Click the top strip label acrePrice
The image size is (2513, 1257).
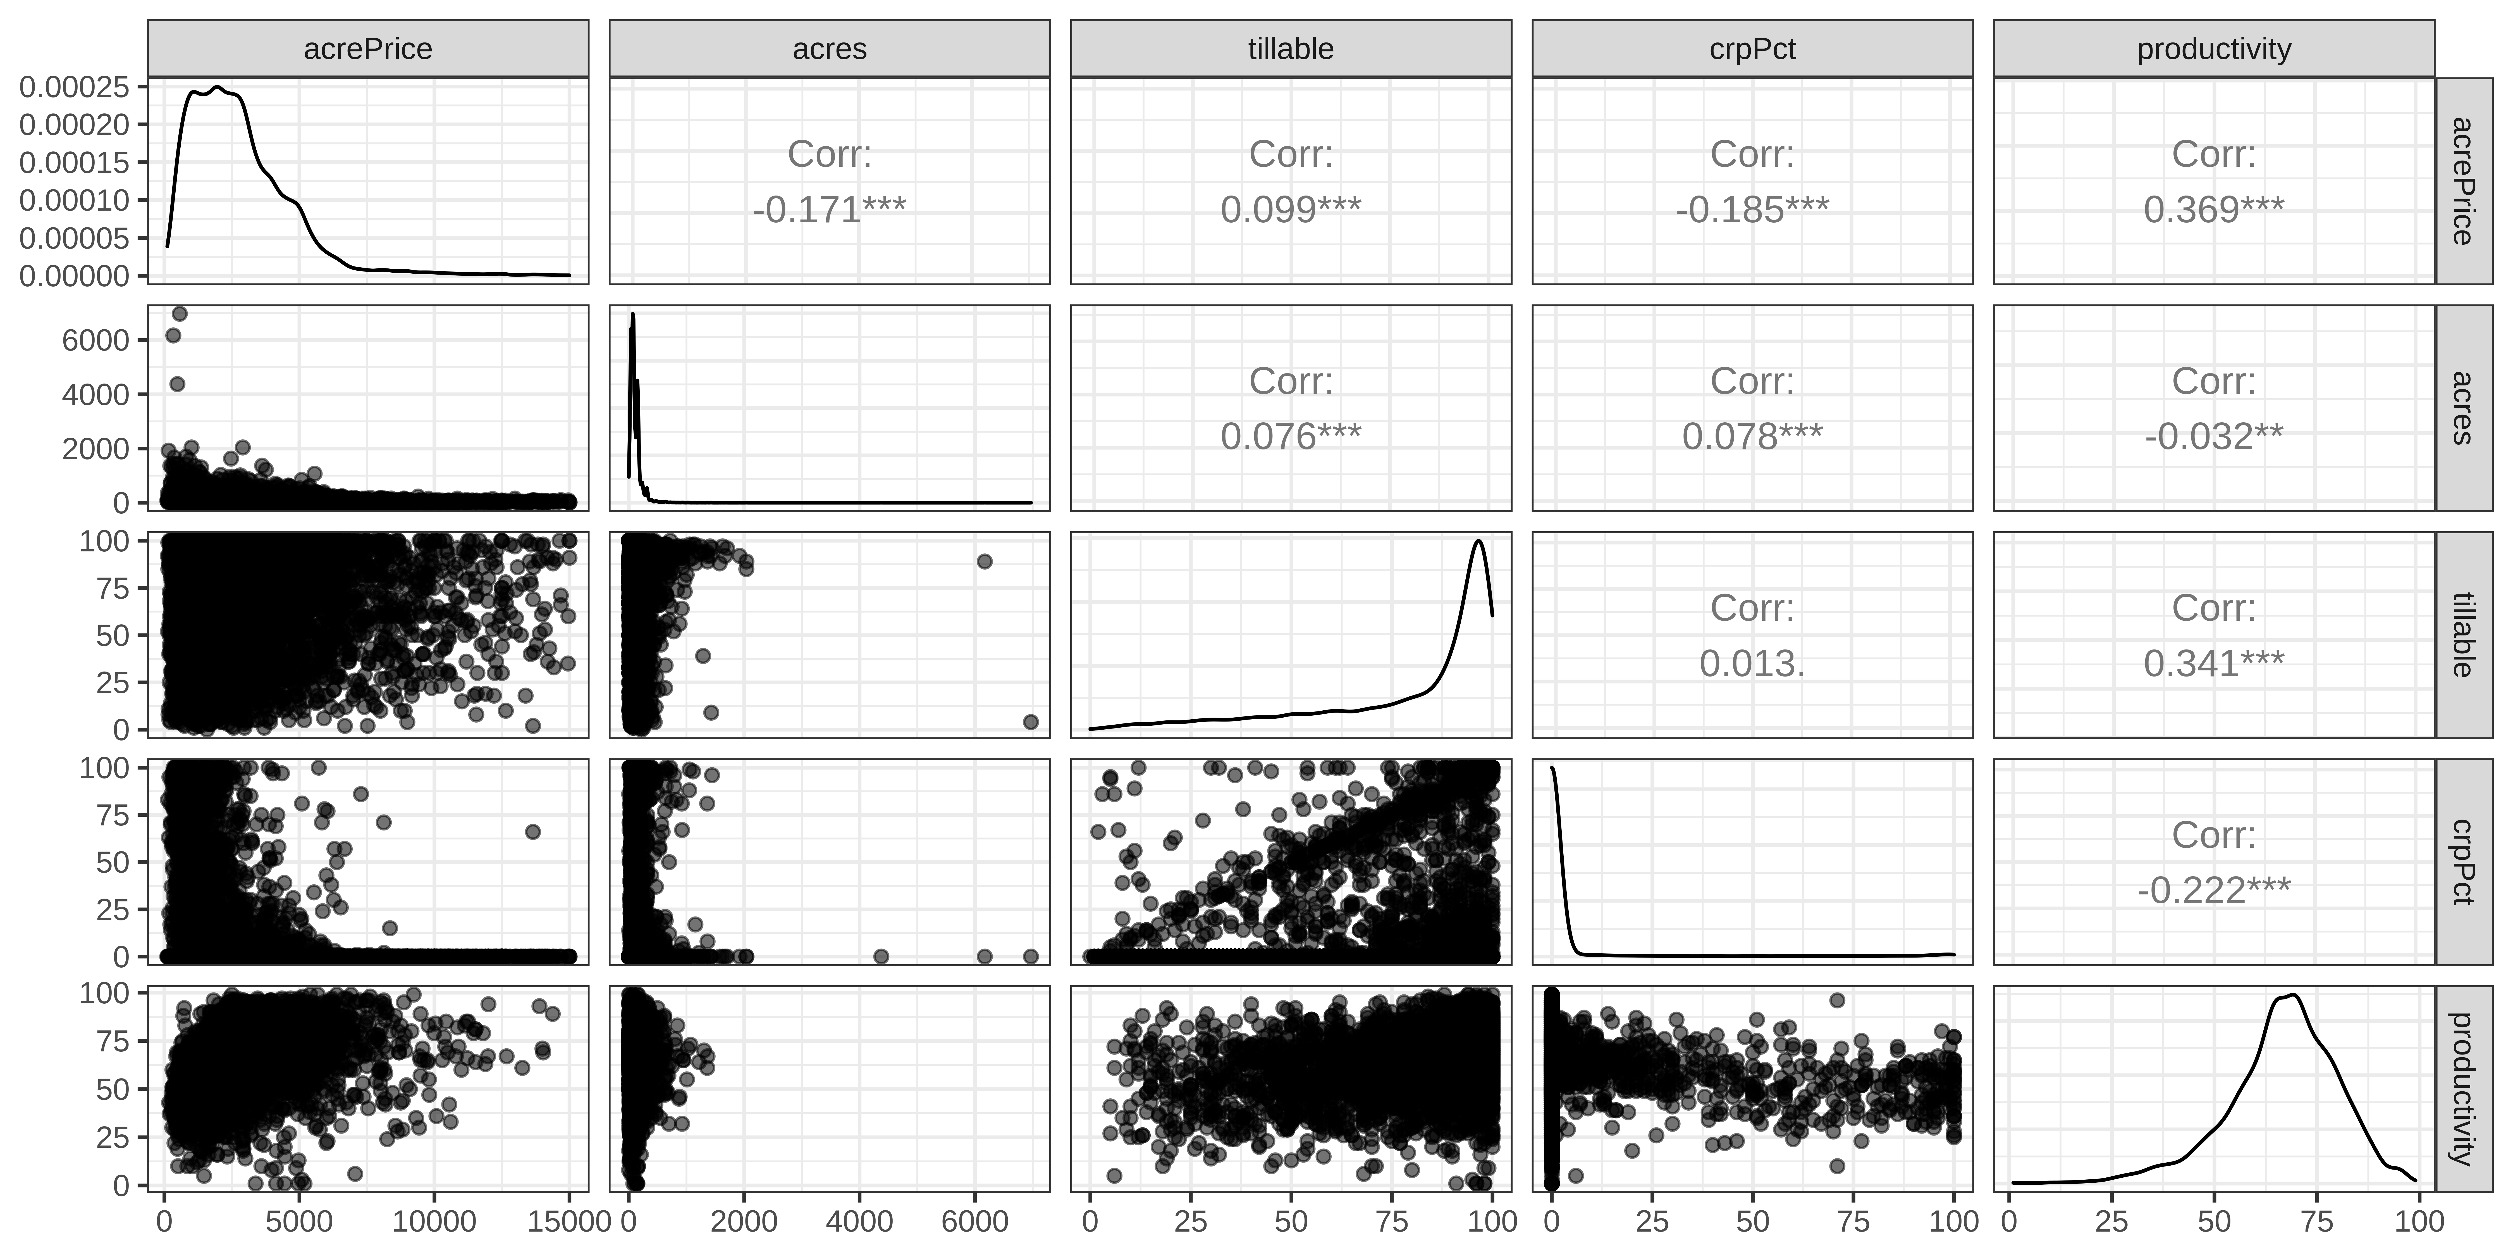pos(368,49)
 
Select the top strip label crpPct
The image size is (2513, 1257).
pos(1752,49)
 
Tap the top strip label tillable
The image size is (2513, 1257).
pos(1291,49)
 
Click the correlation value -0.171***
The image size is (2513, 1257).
pos(829,209)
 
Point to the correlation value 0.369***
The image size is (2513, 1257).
pos(2213,209)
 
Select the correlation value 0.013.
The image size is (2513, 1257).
pos(1752,664)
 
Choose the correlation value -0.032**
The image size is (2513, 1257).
pos(2213,436)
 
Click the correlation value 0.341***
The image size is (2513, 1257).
pos(2213,664)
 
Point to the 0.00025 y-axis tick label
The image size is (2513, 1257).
pos(74,87)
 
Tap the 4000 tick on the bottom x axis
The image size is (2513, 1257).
pos(859,1221)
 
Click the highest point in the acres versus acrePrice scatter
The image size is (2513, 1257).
pos(180,313)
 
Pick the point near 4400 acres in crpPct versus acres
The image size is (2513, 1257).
pos(881,956)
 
